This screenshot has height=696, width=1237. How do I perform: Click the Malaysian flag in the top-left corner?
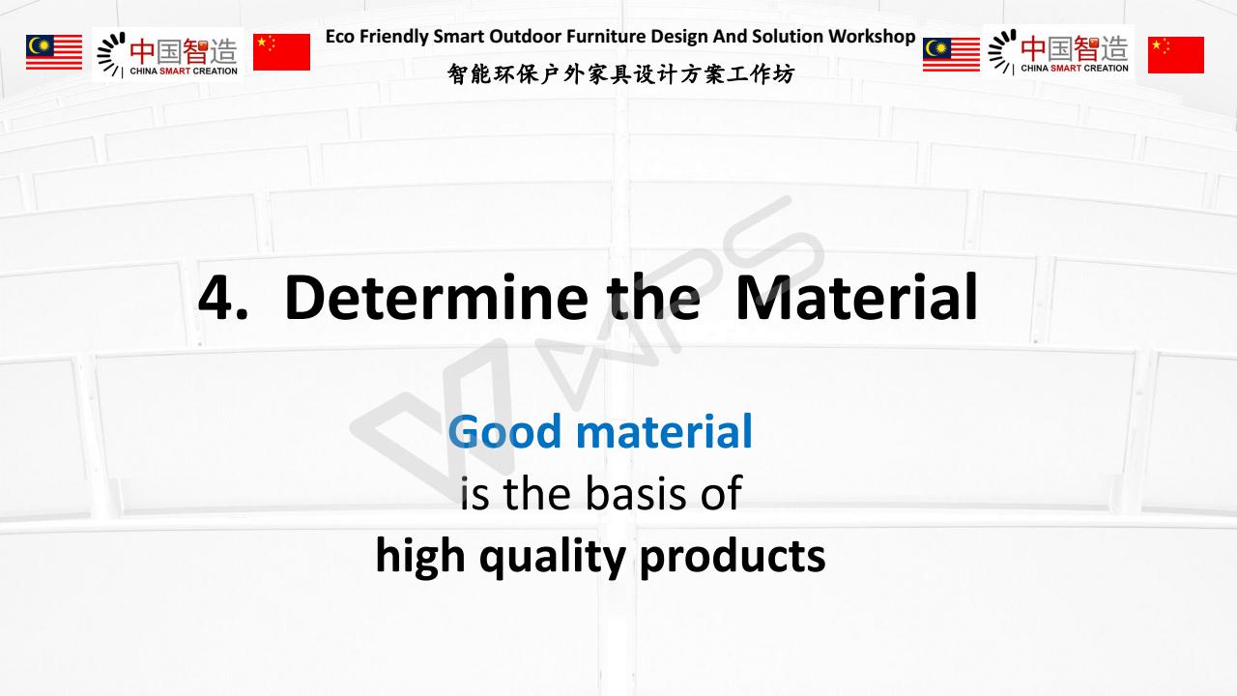pyautogui.click(x=54, y=52)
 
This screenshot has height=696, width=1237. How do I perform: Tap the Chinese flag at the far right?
pyautogui.click(x=1176, y=55)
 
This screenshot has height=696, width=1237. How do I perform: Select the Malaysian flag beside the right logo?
pyautogui.click(x=951, y=55)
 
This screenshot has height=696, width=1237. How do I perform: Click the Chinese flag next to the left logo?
pyautogui.click(x=281, y=52)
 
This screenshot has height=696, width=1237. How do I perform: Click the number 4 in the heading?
pyautogui.click(x=216, y=298)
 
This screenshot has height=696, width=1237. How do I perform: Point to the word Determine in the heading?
pyautogui.click(x=436, y=297)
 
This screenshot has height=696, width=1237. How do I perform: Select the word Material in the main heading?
pyautogui.click(x=856, y=297)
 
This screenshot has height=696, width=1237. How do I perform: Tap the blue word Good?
pyautogui.click(x=505, y=431)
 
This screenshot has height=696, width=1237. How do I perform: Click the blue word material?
pyautogui.click(x=664, y=431)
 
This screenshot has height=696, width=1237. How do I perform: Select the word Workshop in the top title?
pyautogui.click(x=872, y=37)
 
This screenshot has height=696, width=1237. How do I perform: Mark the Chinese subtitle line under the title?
pyautogui.click(x=621, y=74)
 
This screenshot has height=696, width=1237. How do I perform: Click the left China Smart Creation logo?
pyautogui.click(x=167, y=54)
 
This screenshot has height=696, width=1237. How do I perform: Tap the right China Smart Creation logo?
pyautogui.click(x=1058, y=52)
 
